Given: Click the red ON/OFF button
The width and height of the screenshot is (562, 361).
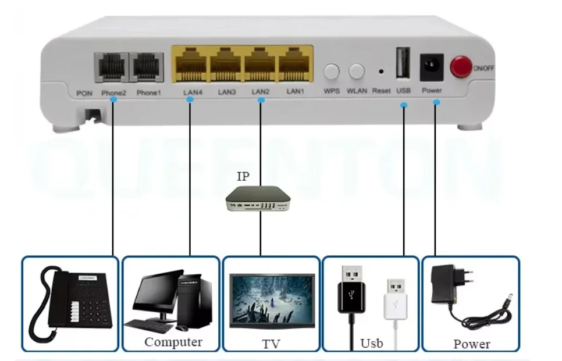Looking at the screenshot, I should [x=462, y=67].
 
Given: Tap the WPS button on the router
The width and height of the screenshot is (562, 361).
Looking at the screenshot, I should [x=332, y=72].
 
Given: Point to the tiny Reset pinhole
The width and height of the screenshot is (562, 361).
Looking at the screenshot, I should [x=381, y=72].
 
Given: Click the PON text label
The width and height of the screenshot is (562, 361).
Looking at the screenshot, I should [x=84, y=92].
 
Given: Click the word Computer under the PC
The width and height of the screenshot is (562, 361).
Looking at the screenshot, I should [x=173, y=342].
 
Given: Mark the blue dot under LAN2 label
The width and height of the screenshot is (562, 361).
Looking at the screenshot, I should [x=261, y=100].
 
